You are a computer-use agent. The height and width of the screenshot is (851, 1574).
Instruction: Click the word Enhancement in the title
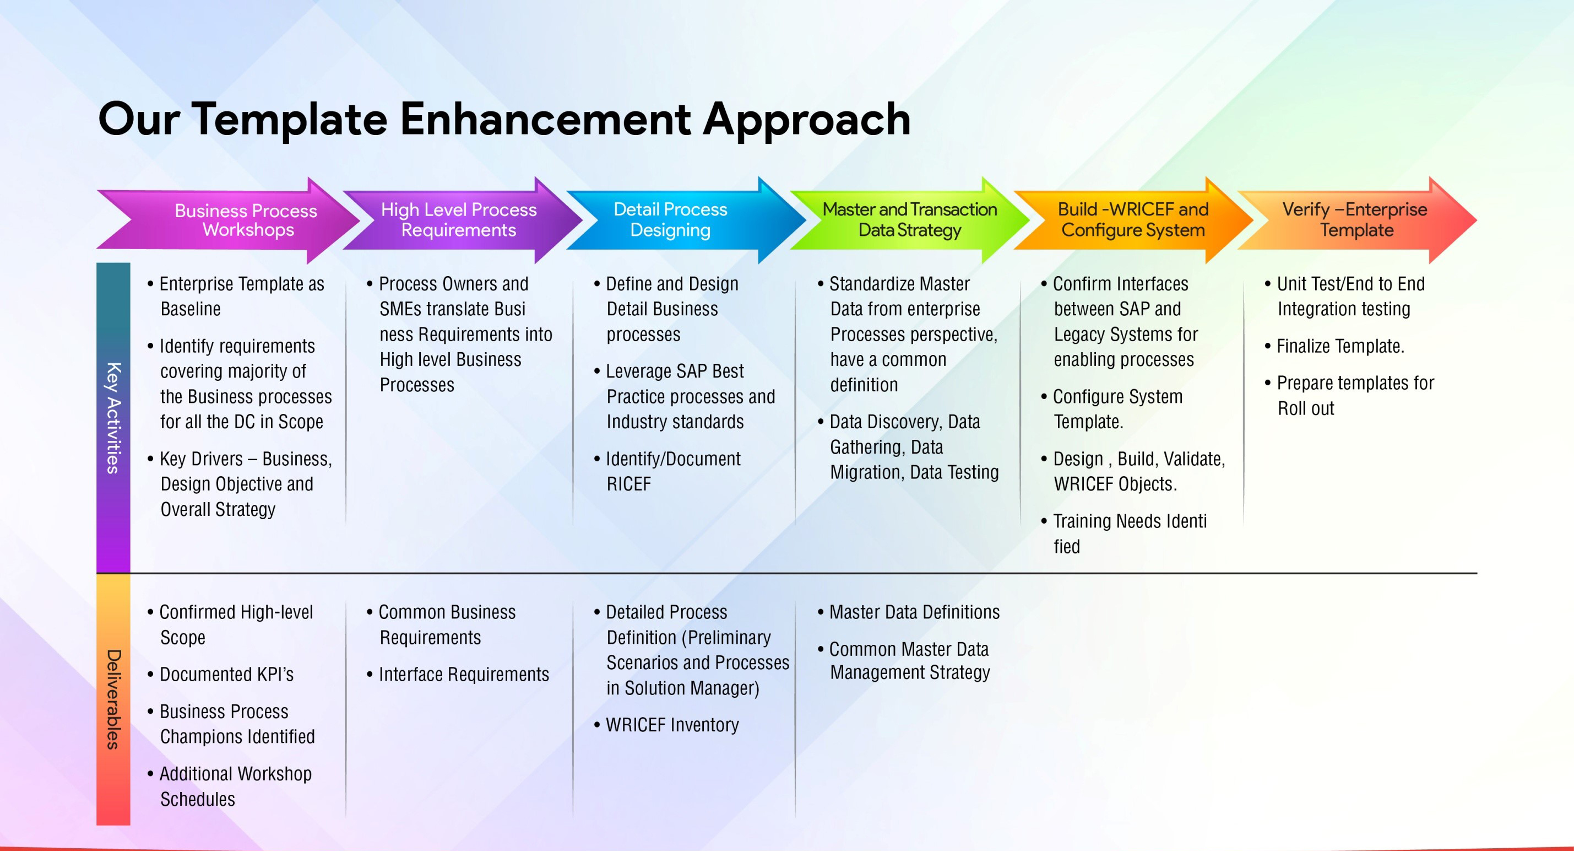click(545, 119)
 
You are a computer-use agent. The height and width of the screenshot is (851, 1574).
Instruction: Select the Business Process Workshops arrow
click(229, 220)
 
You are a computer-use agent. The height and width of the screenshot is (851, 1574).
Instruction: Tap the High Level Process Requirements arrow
click(463, 220)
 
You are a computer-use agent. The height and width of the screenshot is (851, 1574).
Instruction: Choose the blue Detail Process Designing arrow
click(686, 220)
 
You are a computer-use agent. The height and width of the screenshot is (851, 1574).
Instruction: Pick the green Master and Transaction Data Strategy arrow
click(910, 220)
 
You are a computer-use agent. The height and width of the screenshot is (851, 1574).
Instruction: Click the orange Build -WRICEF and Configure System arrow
click(1133, 220)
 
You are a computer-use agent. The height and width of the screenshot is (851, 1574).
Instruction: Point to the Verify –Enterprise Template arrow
click(1357, 220)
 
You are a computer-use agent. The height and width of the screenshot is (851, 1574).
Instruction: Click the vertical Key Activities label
click(113, 418)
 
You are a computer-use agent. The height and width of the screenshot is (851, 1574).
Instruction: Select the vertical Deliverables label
click(113, 699)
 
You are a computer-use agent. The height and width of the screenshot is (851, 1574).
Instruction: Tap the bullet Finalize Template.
click(1334, 347)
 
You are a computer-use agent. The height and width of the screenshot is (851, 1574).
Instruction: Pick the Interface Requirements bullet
click(458, 674)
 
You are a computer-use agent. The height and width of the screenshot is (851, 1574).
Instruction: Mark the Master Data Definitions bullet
click(909, 612)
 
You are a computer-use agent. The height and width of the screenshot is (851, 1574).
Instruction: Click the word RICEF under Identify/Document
click(629, 484)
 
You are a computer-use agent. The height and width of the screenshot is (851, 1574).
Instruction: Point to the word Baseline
click(191, 309)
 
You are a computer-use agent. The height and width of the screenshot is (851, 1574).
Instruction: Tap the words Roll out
click(1306, 408)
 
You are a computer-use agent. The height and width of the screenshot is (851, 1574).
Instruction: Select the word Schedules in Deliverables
click(198, 799)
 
